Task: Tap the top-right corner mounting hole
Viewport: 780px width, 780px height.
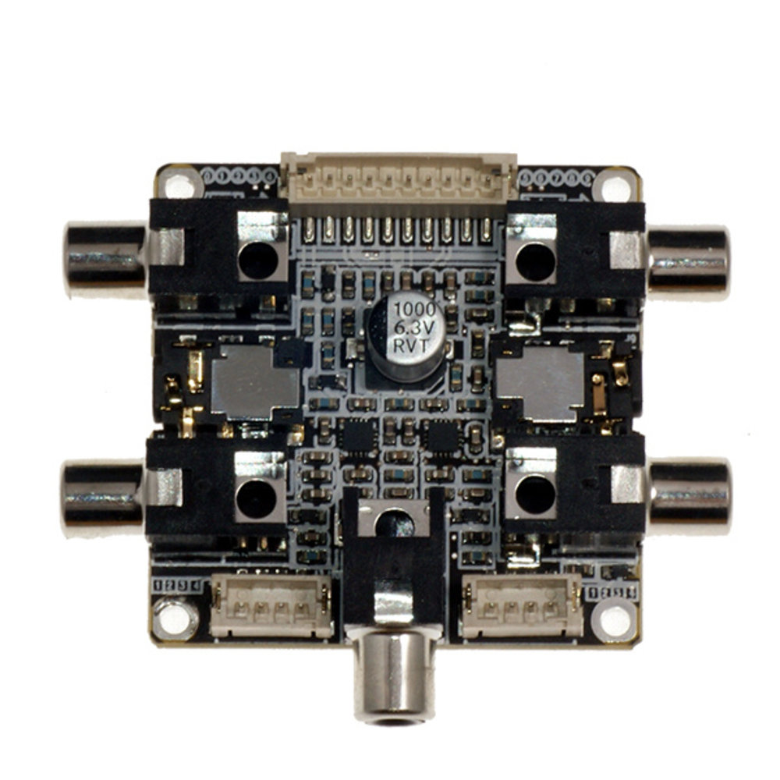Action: (x=615, y=187)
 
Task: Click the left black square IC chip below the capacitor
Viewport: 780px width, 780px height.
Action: (x=356, y=437)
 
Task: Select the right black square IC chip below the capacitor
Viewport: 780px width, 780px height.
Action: (x=441, y=437)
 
